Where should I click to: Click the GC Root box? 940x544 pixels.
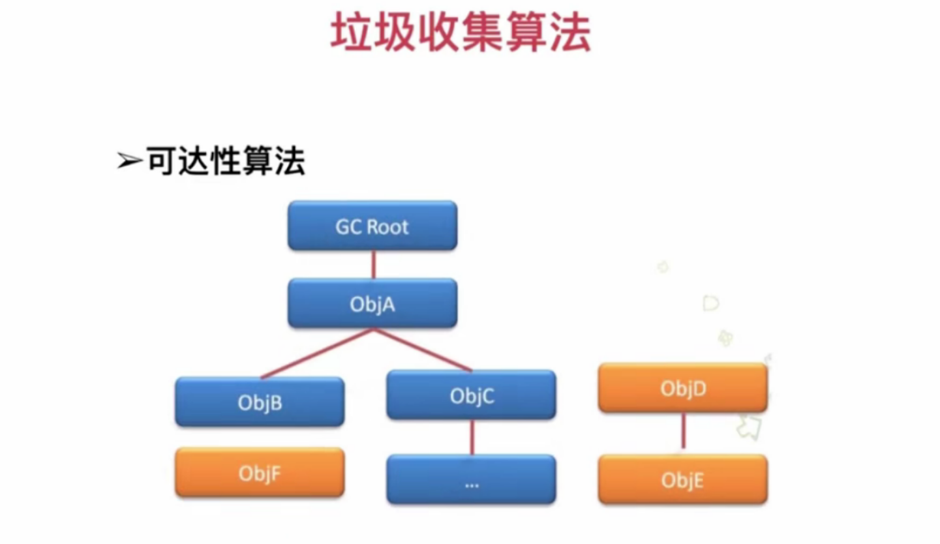[x=372, y=226]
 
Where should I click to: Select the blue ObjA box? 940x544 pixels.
[x=372, y=303]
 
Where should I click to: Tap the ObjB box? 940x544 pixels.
[x=260, y=402]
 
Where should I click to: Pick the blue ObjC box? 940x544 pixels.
[x=471, y=395]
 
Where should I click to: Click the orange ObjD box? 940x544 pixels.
[x=682, y=388]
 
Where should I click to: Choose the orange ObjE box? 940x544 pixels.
[x=682, y=480]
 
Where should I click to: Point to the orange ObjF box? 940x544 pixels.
[x=260, y=473]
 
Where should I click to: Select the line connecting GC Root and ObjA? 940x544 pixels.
[x=373, y=264]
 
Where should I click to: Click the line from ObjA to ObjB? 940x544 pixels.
[x=317, y=354]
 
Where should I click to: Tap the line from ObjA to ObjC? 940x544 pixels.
[x=423, y=350]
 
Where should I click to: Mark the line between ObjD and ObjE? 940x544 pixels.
[x=683, y=432]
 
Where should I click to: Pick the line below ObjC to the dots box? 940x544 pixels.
[x=472, y=437]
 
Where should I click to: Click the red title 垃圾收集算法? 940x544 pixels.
[x=461, y=33]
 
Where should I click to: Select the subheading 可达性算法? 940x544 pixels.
[x=225, y=160]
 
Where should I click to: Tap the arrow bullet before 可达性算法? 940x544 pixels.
[x=129, y=161]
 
